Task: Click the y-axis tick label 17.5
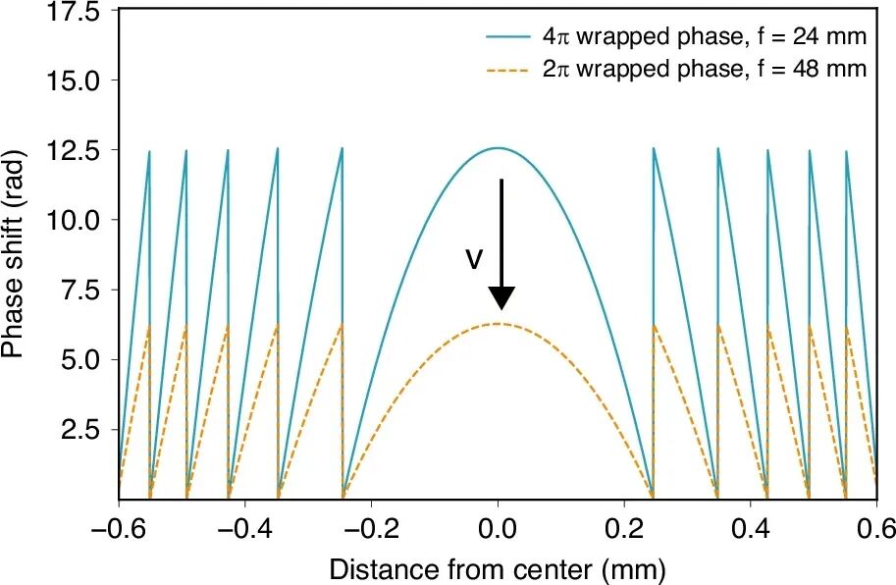[75, 12]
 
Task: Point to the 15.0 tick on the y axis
[75, 80]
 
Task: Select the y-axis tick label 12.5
[75, 150]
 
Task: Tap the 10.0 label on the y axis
[75, 220]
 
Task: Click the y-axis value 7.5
[81, 291]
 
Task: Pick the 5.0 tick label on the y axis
[81, 360]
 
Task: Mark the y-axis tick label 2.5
[81, 430]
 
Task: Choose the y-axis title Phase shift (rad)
[13, 254]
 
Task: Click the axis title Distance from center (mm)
[498, 569]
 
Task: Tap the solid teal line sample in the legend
[508, 37]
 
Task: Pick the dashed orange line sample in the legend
[508, 70]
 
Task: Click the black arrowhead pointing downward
[501, 298]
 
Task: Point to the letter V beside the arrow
[474, 260]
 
